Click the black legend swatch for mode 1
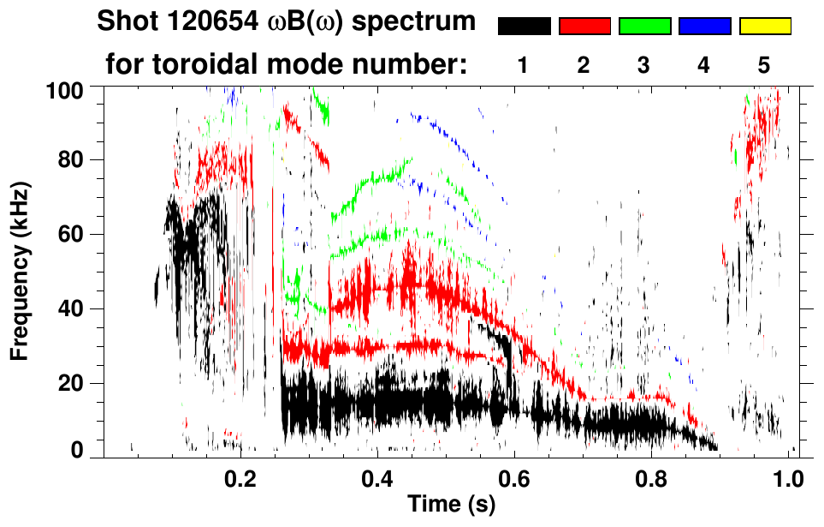tap(524, 27)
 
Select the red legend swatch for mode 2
tap(584, 27)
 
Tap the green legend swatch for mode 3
tap(644, 27)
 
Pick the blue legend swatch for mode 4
tap(704, 27)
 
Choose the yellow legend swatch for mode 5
tap(764, 27)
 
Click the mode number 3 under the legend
tap(643, 66)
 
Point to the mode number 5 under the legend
tap(763, 66)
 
